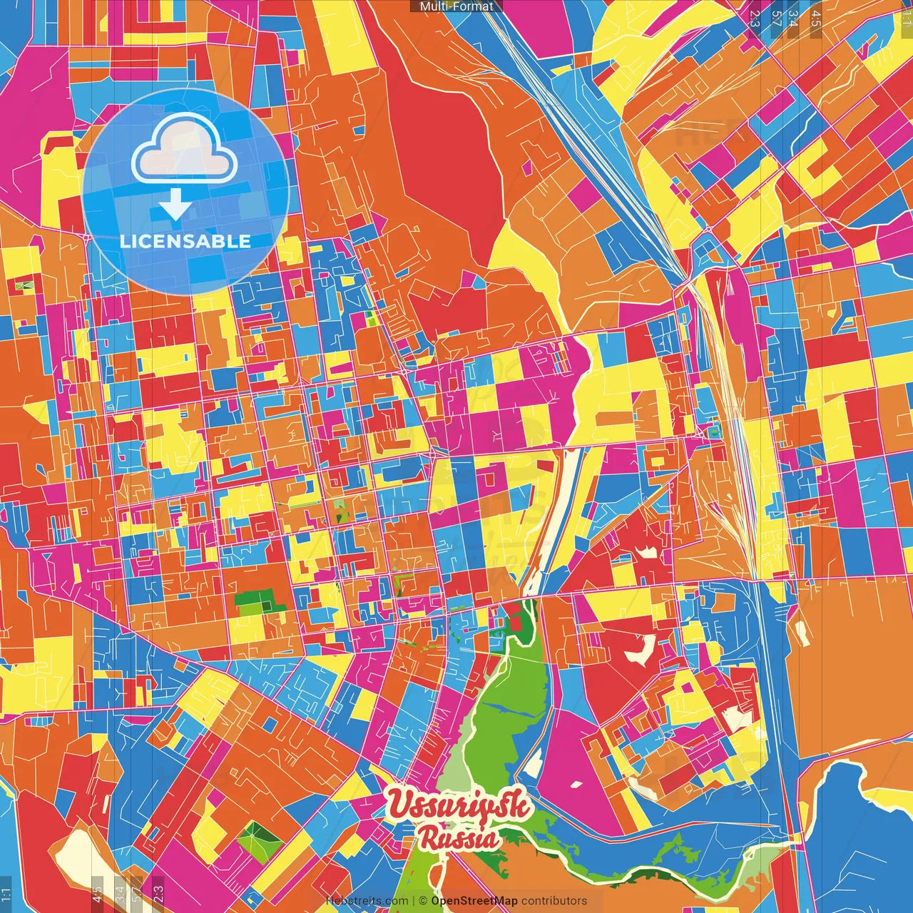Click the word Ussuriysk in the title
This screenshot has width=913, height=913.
[x=459, y=805]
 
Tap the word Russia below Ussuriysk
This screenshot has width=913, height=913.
[x=459, y=839]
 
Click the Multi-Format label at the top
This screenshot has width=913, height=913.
[x=456, y=6]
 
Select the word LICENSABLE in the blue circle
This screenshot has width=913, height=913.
[x=185, y=241]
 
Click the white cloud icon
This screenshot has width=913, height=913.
[x=184, y=148]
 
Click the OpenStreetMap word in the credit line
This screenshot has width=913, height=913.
[x=474, y=901]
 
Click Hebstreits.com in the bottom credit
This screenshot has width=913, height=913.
[x=367, y=901]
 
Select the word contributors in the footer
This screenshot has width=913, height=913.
[x=554, y=901]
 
